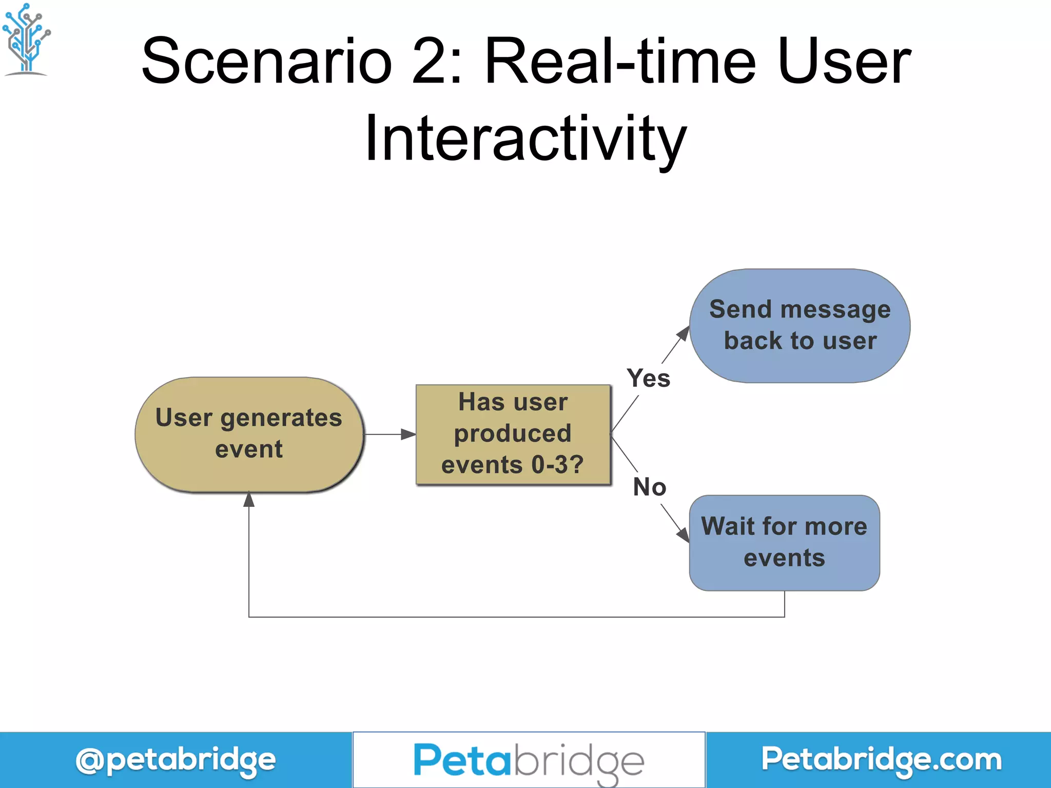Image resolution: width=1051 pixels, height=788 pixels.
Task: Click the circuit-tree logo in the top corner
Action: tap(26, 39)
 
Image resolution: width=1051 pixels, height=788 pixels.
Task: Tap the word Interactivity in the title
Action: tap(525, 139)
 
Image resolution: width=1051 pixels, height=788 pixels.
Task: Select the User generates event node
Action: tap(249, 434)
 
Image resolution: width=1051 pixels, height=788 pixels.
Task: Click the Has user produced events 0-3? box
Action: tap(513, 434)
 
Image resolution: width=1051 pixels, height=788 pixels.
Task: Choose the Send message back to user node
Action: tap(800, 325)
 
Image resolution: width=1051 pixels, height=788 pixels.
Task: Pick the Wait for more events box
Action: tap(784, 542)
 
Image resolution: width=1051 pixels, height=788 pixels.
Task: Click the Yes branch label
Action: tap(649, 379)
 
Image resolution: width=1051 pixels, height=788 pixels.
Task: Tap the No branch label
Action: tap(649, 487)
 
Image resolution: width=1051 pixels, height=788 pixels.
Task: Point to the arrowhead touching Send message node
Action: tap(684, 333)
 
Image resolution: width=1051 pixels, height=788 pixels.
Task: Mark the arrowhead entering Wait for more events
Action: tap(683, 535)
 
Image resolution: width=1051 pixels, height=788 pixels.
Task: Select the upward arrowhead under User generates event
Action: tap(249, 499)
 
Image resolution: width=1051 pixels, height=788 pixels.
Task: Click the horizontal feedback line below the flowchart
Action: tap(513, 617)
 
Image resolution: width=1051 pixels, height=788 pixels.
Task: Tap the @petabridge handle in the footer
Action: tap(176, 760)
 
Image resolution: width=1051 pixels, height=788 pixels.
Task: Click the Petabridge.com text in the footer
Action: tap(881, 760)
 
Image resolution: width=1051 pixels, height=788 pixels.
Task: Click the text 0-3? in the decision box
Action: tap(557, 465)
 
